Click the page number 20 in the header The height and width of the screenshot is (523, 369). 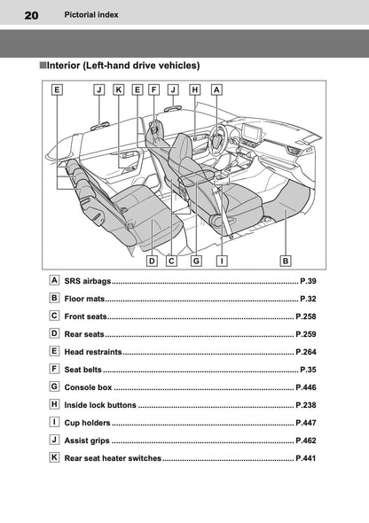click(31, 15)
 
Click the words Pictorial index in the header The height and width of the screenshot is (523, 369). click(91, 15)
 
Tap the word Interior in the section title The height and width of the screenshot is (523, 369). click(70, 65)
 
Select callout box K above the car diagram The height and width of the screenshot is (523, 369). click(118, 90)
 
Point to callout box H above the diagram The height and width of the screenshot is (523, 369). click(194, 90)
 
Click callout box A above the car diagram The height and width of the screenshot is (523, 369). click(216, 90)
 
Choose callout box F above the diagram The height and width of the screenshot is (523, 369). click(153, 90)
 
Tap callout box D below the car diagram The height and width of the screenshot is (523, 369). click(152, 261)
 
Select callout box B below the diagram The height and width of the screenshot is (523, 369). click(285, 261)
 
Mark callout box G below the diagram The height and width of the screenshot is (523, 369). click(194, 261)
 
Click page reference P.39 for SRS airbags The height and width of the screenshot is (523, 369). click(308, 281)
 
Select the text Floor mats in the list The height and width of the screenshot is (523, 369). click(87, 299)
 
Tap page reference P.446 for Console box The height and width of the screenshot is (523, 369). click(306, 387)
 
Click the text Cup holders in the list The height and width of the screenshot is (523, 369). click(88, 423)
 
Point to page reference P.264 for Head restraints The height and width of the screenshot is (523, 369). click(306, 352)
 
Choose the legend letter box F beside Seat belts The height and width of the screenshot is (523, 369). click(55, 369)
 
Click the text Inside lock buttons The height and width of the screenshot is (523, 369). click(100, 405)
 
